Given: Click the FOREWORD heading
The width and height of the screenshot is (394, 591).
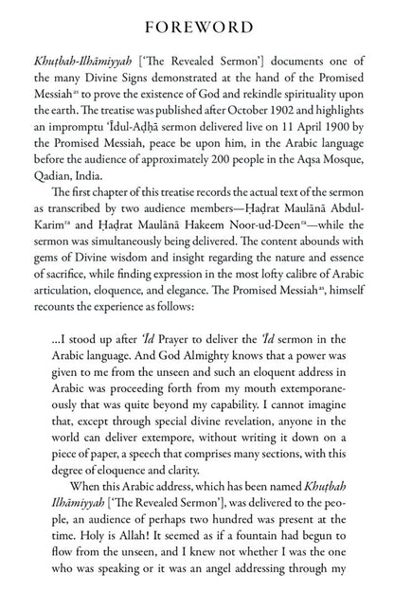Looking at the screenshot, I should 197,23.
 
